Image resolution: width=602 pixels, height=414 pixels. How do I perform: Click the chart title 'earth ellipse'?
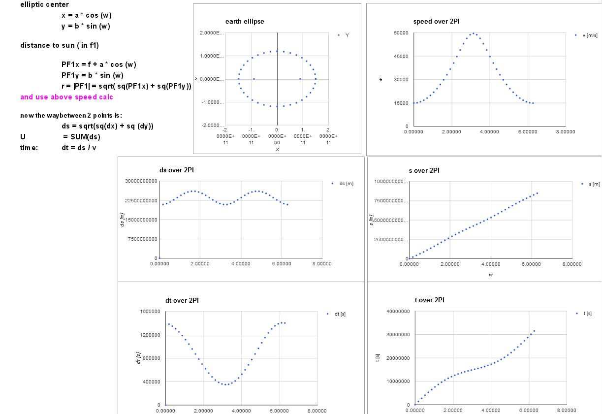tap(245, 22)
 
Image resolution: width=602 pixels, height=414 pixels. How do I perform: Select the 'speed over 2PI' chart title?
tap(437, 22)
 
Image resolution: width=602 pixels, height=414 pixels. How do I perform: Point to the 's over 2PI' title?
tap(424, 170)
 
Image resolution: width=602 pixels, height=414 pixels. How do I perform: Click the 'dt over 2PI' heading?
tap(182, 300)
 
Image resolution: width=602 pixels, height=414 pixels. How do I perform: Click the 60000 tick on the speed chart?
tap(402, 32)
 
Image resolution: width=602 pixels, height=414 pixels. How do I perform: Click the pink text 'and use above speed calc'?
tap(66, 97)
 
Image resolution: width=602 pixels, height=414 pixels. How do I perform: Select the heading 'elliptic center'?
tap(44, 5)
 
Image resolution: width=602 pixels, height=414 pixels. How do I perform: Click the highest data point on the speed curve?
tap(473, 33)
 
